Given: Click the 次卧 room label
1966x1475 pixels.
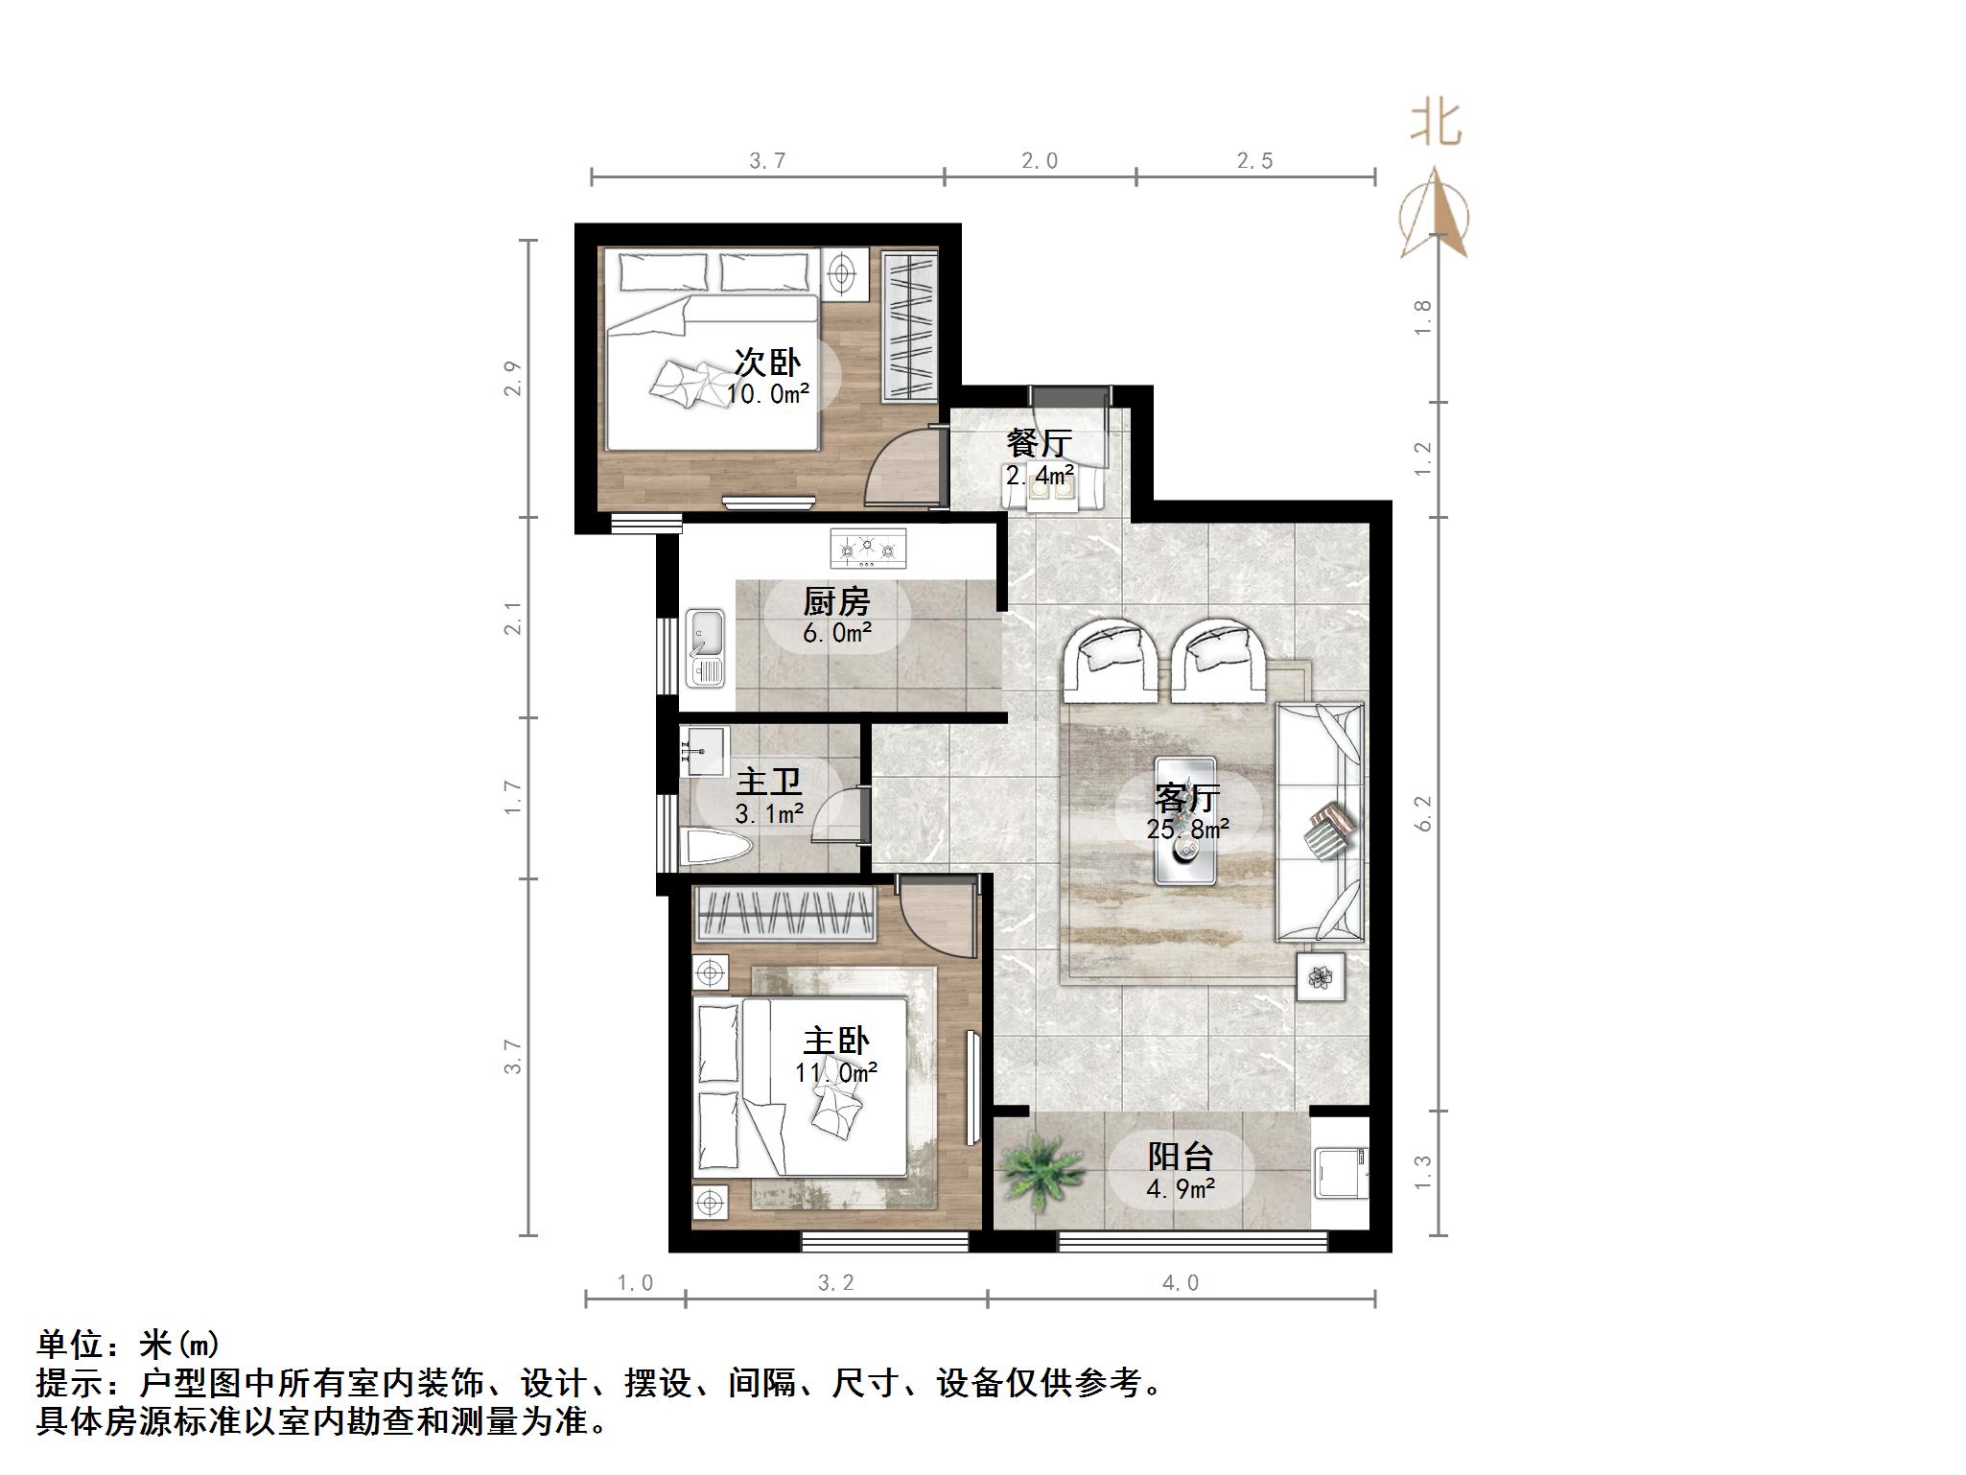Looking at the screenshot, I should tap(767, 363).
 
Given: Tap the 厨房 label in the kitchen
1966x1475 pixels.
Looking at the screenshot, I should tap(836, 602).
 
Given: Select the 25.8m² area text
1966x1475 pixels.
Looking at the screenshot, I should tap(1188, 829).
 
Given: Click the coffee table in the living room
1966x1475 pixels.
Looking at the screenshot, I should tap(1186, 820).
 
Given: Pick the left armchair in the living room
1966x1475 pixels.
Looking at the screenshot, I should tap(1112, 656).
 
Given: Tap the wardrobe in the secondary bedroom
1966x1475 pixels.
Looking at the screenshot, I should tap(909, 326).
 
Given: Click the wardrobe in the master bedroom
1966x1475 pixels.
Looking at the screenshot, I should tap(785, 914).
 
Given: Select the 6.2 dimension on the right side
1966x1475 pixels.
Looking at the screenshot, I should tap(1423, 813).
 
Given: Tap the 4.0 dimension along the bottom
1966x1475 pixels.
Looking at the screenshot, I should tap(1181, 1283).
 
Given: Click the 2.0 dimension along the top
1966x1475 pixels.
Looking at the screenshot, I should tap(1040, 161).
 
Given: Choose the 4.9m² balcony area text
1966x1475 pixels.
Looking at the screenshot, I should tap(1182, 1189).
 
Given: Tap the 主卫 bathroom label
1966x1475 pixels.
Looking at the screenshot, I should tap(768, 783).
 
